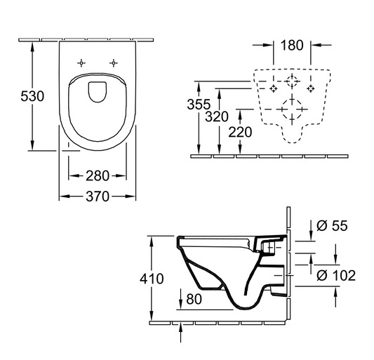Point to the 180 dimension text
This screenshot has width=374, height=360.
tap(291, 46)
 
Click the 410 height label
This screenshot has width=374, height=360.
tap(152, 279)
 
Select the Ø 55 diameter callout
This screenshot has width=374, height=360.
tap(332, 226)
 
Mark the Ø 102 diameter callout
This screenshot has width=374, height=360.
tap(336, 275)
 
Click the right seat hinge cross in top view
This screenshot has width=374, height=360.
tap(112, 63)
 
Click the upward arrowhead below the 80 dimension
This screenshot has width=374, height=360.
tap(182, 324)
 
